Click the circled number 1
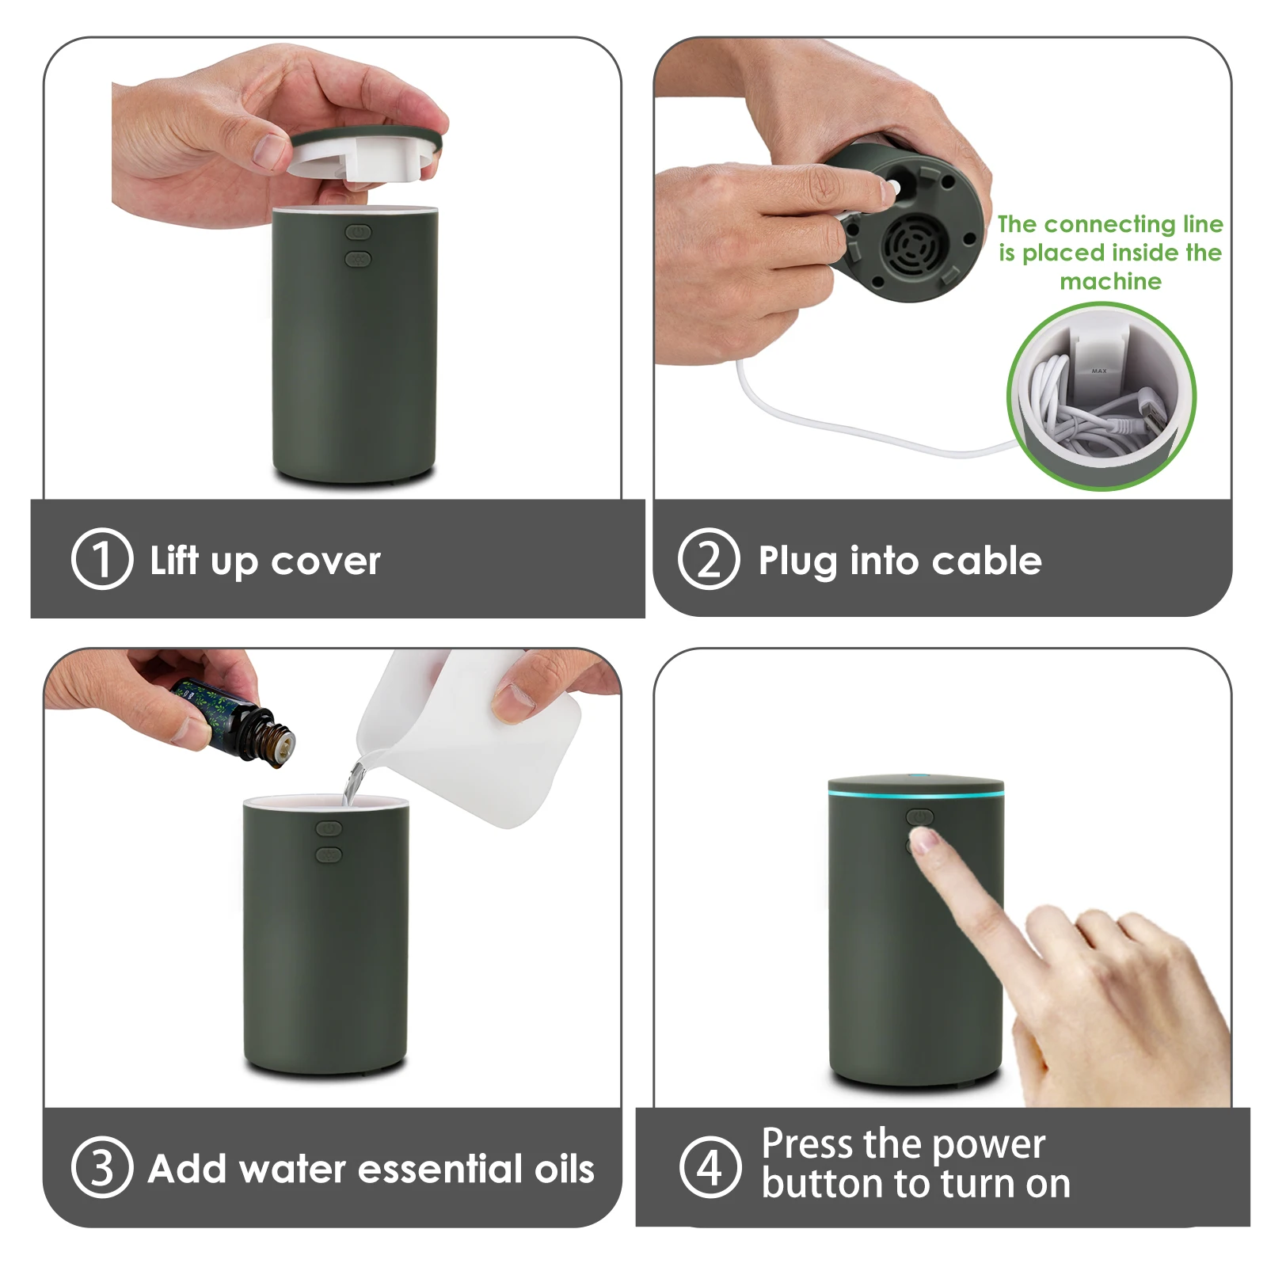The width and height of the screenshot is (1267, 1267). coord(101,559)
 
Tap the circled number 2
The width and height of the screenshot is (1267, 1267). coord(709,559)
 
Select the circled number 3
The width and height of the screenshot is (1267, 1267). coord(101,1167)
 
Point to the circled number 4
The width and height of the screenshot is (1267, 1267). coord(710,1166)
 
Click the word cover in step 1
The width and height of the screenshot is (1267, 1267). coord(325,562)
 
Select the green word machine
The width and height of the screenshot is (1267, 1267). coord(1110,281)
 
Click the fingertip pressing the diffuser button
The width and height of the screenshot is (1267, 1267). coord(923,839)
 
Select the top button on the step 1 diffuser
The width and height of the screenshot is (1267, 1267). coord(358,232)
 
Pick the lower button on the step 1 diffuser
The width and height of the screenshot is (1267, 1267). coord(358,258)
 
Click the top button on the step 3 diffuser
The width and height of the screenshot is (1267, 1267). coord(329,828)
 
